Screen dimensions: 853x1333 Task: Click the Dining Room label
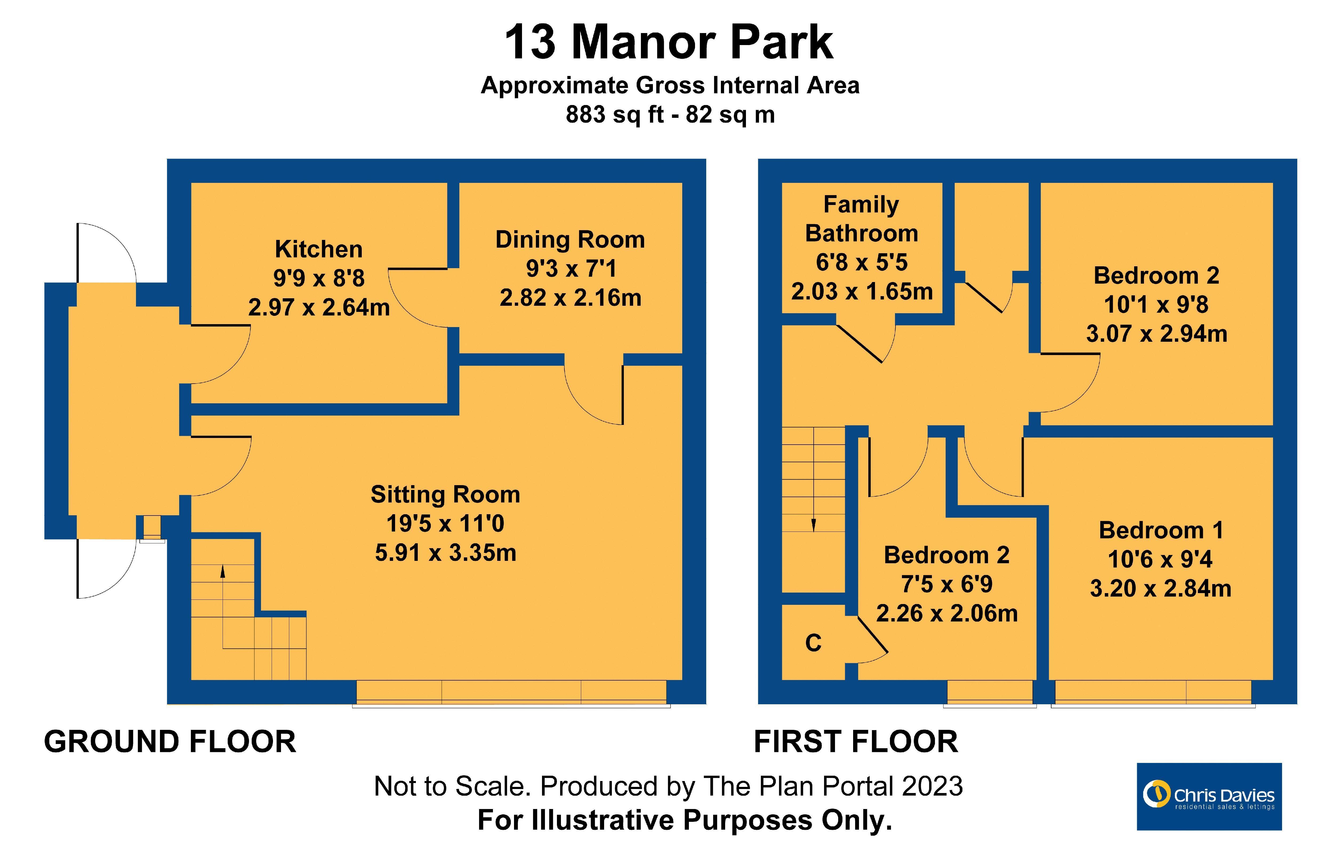tap(570, 240)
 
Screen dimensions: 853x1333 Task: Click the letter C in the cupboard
tap(813, 643)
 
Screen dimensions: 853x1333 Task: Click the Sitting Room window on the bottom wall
tap(511, 692)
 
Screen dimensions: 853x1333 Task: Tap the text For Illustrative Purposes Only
tap(685, 820)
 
